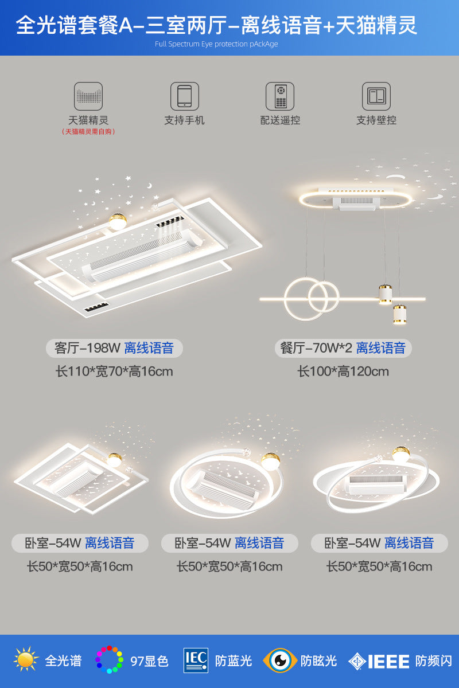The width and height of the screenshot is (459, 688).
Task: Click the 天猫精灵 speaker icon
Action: pos(88,96)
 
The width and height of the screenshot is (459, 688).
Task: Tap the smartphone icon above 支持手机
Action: pos(184,96)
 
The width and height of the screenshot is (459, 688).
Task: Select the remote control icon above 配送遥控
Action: pos(280,96)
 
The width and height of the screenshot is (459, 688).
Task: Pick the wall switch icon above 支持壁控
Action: pos(376,96)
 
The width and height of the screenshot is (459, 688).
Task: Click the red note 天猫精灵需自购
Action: pos(88,132)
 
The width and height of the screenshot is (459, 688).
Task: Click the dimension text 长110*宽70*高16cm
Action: pos(114,372)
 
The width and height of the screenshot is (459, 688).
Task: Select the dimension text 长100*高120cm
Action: pos(343,372)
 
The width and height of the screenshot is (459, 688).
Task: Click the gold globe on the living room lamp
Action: pos(118,221)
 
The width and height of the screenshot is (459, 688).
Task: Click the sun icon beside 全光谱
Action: pos(26,660)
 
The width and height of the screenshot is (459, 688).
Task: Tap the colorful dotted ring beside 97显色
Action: pos(109,660)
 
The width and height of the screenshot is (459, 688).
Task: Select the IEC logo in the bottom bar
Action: pos(196,660)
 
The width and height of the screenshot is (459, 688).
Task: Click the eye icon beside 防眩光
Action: pos(280,660)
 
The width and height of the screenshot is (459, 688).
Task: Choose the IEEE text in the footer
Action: pos(388,661)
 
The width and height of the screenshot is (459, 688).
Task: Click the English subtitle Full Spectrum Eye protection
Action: pos(216,44)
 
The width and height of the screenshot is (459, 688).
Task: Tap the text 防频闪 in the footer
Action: pos(434,661)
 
